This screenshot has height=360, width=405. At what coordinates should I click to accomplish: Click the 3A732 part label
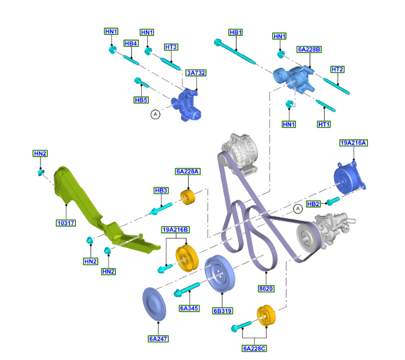coord(196,73)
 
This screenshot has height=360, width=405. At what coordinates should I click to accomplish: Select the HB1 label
coord(236,32)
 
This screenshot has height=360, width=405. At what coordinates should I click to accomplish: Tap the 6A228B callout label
coord(309,49)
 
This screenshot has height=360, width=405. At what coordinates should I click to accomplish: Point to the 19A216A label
coord(353,143)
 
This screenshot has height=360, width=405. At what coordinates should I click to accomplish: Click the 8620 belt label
coord(266,288)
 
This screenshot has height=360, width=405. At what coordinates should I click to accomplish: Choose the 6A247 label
coord(158,339)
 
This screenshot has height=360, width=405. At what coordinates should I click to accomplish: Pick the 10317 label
coord(66,223)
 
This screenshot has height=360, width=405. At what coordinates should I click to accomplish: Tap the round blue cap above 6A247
coord(154,304)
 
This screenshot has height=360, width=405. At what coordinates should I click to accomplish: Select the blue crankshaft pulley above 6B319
coord(220,274)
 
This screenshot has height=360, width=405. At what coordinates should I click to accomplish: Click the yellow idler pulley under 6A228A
coord(188,197)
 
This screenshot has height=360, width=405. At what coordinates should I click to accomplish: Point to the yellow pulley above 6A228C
coord(266,315)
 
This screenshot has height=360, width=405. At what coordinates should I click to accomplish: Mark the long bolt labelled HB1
coord(235,51)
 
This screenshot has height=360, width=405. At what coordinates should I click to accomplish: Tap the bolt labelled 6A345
coord(187,290)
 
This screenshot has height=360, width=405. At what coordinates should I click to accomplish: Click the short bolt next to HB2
coord(333,201)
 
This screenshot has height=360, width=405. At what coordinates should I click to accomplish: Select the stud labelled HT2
coord(336,86)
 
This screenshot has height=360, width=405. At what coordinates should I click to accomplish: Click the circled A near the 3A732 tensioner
coord(155,114)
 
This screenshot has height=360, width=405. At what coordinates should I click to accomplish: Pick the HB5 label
coord(141,100)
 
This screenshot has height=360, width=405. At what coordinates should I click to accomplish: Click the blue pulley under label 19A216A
coord(348,177)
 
